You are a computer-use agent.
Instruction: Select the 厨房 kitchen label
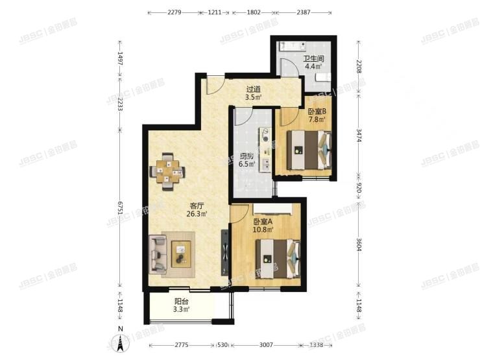(x=245, y=156)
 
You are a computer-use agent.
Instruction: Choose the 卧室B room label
(x=317, y=111)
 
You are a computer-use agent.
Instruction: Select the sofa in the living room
(x=158, y=254)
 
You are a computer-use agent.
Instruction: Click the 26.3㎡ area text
(x=197, y=214)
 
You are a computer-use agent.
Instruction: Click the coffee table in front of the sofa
(x=181, y=252)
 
